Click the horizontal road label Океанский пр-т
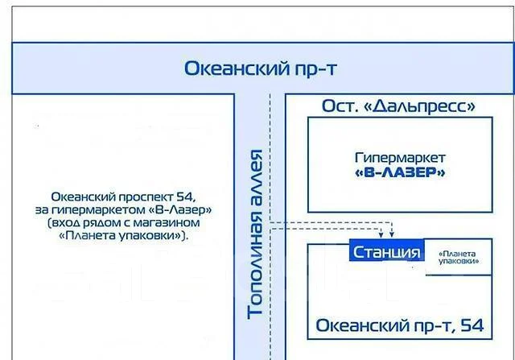pyautogui.click(x=261, y=69)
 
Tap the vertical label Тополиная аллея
pyautogui.click(x=255, y=234)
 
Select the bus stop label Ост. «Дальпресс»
pyautogui.click(x=398, y=106)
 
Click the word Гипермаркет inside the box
pyautogui.click(x=400, y=158)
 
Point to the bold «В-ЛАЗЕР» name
pyautogui.click(x=400, y=172)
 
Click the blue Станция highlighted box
pyautogui.click(x=386, y=250)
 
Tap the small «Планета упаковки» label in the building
pyautogui.click(x=458, y=258)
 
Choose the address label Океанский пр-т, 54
pyautogui.click(x=400, y=325)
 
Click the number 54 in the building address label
pyautogui.click(x=472, y=325)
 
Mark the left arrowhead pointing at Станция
pyautogui.click(x=381, y=234)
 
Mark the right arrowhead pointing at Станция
pyautogui.click(x=392, y=234)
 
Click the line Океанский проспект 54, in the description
pyautogui.click(x=123, y=197)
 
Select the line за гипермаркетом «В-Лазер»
pyautogui.click(x=123, y=209)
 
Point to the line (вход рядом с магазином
pyautogui.click(x=123, y=223)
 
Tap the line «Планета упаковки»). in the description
pyautogui.click(x=123, y=236)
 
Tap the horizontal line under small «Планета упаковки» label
pyautogui.click(x=459, y=275)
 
